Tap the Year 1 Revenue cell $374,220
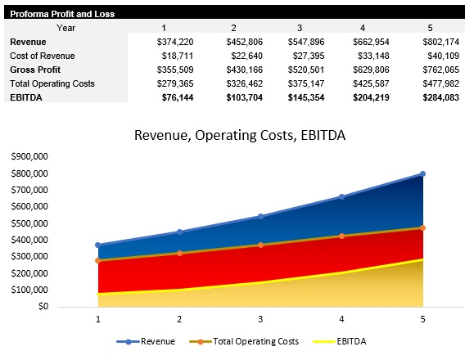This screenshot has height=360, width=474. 175,41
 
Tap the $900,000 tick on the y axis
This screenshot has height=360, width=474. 30,157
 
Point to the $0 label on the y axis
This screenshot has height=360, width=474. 42,306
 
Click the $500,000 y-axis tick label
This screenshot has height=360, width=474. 30,223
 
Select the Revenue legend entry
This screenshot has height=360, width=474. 147,341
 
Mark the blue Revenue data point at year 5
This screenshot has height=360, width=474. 423,173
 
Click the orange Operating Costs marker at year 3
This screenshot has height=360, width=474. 261,245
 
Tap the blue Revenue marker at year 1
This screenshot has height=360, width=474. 98,245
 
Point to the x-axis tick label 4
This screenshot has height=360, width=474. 342,319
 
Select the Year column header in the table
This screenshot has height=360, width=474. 68,27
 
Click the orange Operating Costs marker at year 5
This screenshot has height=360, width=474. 423,227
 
